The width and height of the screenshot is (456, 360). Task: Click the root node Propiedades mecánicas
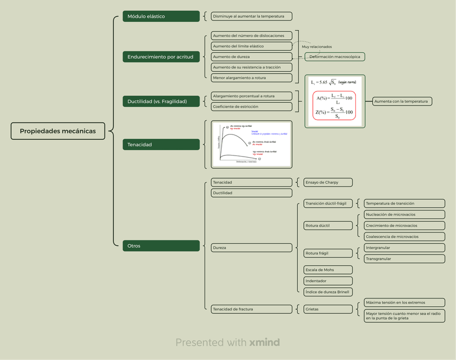pos(58,131)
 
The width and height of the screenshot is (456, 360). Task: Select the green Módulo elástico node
pos(161,16)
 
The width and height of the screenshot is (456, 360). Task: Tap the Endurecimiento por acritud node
pos(161,57)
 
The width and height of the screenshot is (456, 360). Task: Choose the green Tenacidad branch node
pos(161,144)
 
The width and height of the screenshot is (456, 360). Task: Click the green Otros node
pos(161,246)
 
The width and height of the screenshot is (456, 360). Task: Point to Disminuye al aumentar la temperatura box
pos(251,16)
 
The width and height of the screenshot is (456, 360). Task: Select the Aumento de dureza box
pos(251,57)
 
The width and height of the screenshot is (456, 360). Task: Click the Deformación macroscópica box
pos(334,57)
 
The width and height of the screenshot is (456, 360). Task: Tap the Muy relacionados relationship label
pos(317,47)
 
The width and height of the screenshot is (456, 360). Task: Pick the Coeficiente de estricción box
pos(251,107)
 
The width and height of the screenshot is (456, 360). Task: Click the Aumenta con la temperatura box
pos(402,101)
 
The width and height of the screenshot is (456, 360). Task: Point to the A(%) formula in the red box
pos(334,98)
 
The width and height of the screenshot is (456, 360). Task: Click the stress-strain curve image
pos(251,144)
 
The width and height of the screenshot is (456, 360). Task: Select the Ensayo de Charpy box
pos(327,182)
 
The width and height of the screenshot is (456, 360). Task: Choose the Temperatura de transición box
pos(404,203)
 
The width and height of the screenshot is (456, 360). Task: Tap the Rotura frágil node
pos(327,253)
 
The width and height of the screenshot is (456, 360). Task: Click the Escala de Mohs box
pos(327,270)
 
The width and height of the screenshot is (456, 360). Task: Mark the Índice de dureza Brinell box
pos(327,292)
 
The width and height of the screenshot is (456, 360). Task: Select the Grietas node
pos(327,309)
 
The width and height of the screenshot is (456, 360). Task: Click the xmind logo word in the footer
pos(265,342)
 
